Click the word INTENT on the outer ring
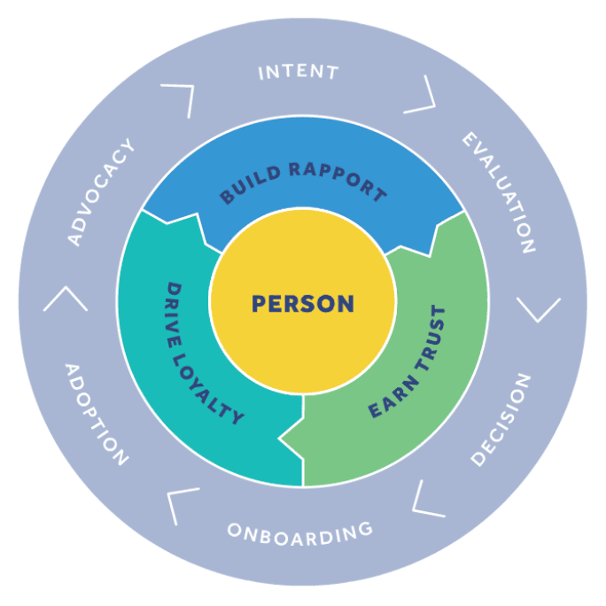click(299, 72)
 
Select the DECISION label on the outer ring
click(501, 419)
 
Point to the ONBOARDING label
click(299, 532)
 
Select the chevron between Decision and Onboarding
click(424, 500)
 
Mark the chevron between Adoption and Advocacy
click(65, 299)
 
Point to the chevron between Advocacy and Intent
click(180, 97)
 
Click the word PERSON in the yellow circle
click(303, 304)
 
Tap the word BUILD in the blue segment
click(249, 183)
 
